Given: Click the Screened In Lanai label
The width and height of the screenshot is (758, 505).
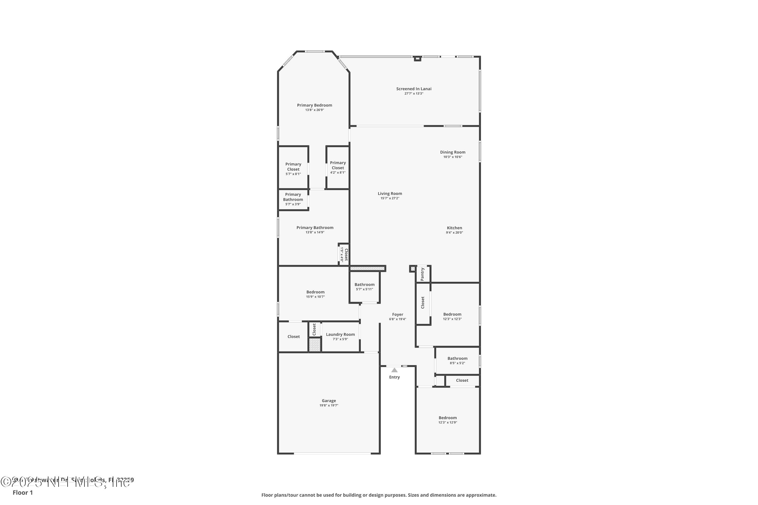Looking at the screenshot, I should pos(414,89).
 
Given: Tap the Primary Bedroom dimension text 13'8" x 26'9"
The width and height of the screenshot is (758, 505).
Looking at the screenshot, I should pos(315,110).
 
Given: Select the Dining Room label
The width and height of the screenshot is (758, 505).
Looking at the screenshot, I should pos(453,152).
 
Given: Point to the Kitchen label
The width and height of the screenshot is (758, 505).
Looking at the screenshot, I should pos(454,228).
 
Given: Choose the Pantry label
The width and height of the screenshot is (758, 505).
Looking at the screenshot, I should pos(422,274).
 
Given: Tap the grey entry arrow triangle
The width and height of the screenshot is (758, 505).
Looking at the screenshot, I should pos(394,370).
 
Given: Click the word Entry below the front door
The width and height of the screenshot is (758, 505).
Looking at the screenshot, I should pos(394,377).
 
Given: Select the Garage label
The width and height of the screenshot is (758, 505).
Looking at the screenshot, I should pos(329,401).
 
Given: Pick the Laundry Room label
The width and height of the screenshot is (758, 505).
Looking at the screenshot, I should pos(340,334).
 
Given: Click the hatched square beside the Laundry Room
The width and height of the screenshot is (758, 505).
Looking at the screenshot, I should pos(315,345).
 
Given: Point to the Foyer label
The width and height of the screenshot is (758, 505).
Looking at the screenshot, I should pos(398,314).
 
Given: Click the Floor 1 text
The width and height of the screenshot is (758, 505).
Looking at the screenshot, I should pos(22,492).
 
